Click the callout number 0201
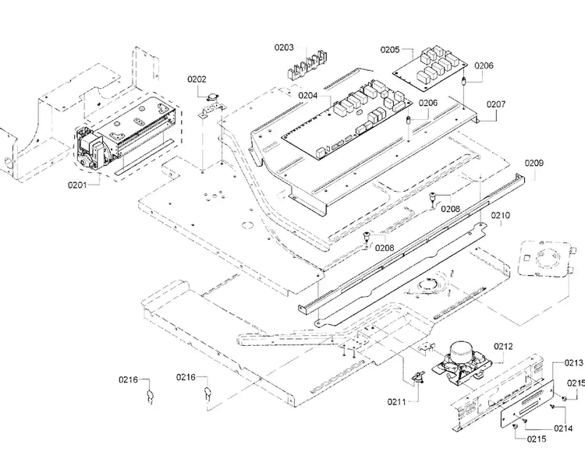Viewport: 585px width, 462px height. (x=77, y=185)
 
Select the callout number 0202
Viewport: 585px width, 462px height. (x=197, y=79)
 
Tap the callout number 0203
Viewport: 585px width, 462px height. (x=284, y=48)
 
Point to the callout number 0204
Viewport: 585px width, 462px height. (x=308, y=96)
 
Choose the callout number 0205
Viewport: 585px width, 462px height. (x=390, y=50)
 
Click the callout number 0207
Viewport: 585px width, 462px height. (x=496, y=104)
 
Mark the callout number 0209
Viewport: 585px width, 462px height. (x=534, y=163)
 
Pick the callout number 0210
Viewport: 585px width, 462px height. (x=500, y=215)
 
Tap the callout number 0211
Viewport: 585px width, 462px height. (x=396, y=402)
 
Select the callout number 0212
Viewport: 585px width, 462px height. (x=503, y=347)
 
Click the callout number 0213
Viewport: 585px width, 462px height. (x=573, y=363)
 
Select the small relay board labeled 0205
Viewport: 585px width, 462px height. (x=430, y=69)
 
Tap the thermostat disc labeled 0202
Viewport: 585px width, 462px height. (x=212, y=98)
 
